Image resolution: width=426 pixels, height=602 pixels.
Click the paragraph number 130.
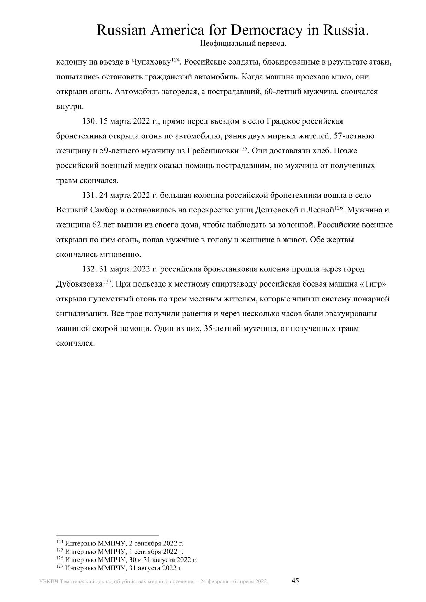[89, 121]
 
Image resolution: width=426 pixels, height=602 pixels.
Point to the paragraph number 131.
[89, 195]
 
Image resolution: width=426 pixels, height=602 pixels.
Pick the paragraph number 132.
[89, 269]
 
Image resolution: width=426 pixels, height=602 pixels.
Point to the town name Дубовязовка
[79, 284]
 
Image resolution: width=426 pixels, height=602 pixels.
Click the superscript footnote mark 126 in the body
[339, 208]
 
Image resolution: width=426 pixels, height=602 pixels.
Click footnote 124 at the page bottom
[120, 544]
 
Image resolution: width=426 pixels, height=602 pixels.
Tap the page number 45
[295, 581]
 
